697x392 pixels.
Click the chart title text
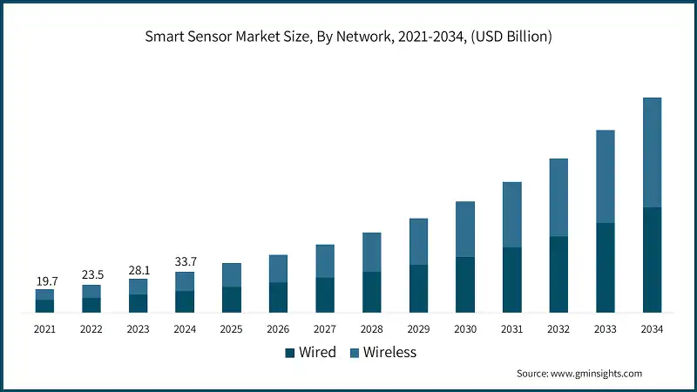pos(348,37)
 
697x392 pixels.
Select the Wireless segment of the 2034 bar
pos(652,152)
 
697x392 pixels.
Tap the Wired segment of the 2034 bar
pos(652,260)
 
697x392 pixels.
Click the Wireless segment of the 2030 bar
pos(465,229)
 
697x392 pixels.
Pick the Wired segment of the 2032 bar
pos(558,274)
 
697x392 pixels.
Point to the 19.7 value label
pos(45,280)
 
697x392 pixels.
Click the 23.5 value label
pos(91,275)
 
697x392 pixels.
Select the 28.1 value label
pos(139,269)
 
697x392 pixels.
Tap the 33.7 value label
pos(185,262)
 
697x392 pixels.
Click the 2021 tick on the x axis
pos(45,328)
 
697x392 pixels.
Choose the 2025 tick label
pos(232,328)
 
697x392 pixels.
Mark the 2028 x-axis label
pos(372,328)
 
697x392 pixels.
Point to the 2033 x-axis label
pos(605,328)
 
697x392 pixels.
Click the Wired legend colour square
pos(290,353)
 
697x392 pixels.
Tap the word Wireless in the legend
pos(389,353)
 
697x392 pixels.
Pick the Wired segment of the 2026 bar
pos(278,297)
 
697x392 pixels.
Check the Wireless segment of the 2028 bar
pos(372,252)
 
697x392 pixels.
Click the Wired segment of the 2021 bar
pos(45,306)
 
